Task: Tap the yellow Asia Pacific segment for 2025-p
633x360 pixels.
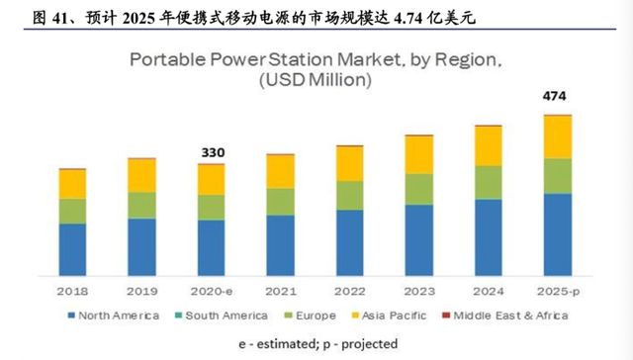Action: [558, 136]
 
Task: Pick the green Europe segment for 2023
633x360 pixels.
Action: [419, 189]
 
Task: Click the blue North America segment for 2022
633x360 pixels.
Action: [350, 242]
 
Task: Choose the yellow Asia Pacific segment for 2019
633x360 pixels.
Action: [141, 175]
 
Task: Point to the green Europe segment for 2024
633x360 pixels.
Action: [489, 182]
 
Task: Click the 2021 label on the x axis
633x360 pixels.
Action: [281, 292]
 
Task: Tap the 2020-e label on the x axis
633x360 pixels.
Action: [212, 292]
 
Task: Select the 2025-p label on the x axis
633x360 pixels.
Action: [558, 292]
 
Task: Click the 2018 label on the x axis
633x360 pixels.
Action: [72, 292]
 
